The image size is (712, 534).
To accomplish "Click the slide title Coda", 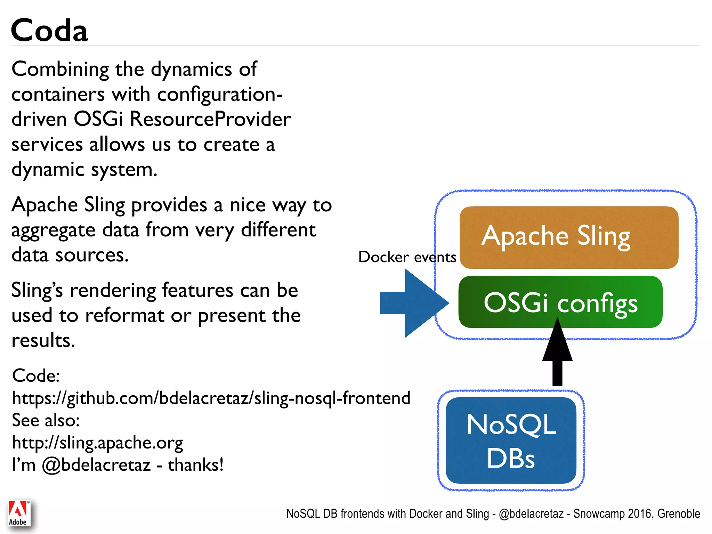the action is tap(49, 30).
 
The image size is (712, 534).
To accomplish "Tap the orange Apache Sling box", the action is tap(569, 237).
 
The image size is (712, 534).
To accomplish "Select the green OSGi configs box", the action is tap(560, 302).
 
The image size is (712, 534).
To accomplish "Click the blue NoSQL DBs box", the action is tap(511, 440).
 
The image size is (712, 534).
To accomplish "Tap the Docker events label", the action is tap(407, 257).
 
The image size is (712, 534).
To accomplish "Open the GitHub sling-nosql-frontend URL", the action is tap(211, 398).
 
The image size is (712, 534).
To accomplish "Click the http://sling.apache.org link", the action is tap(97, 443).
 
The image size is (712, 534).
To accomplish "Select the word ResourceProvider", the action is tap(210, 119).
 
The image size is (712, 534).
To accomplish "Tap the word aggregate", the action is tap(53, 230).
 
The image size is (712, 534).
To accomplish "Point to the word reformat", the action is tap(124, 316).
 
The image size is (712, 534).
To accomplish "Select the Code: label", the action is tap(36, 376).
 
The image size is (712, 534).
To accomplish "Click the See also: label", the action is tap(46, 420).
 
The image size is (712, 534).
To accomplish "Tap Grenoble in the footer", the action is tap(678, 514).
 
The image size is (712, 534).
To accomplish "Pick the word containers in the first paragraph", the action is tap(58, 94).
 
